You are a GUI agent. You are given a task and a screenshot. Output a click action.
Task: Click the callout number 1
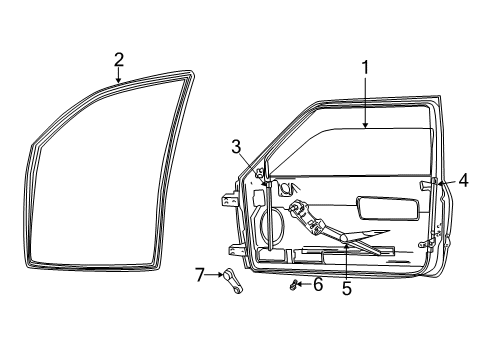click(x=366, y=68)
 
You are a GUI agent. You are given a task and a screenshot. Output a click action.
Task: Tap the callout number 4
click(x=463, y=181)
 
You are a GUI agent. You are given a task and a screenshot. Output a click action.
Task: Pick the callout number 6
click(x=318, y=285)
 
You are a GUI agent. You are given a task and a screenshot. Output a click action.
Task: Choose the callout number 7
click(x=199, y=273)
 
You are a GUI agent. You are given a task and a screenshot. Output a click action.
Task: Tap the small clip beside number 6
click(x=294, y=286)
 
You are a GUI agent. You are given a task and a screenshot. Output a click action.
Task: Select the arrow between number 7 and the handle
click(x=213, y=273)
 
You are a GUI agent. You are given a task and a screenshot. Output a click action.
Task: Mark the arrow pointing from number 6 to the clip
click(x=305, y=285)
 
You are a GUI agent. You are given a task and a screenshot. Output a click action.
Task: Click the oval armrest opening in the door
click(x=390, y=208)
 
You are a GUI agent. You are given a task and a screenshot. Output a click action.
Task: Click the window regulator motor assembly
click(x=300, y=213)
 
